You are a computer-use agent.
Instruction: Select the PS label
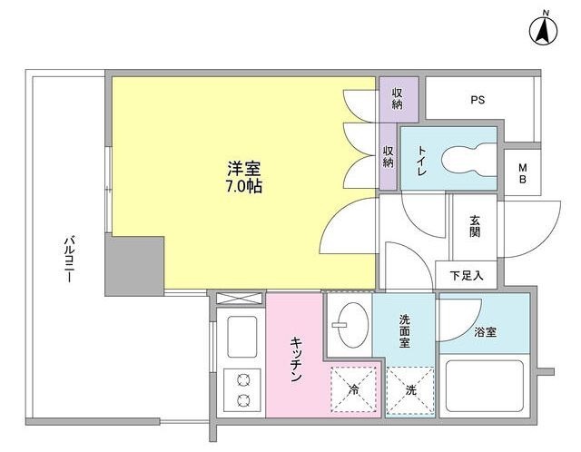477,101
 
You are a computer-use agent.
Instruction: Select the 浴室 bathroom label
485,333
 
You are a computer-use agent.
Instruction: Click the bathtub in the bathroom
485,386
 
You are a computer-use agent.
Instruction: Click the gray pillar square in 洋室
134,266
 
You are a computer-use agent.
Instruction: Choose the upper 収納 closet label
398,99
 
